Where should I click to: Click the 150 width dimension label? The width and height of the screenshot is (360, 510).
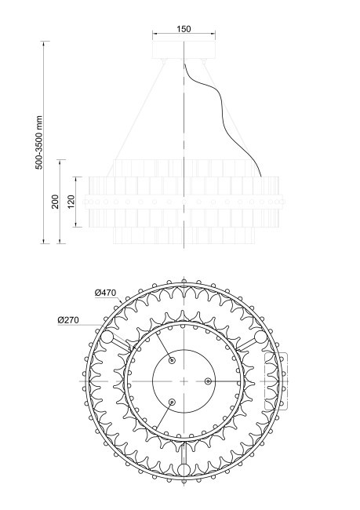click(184, 28)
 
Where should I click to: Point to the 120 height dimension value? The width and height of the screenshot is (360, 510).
click(71, 202)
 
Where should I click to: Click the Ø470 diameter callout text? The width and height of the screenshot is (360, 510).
click(105, 293)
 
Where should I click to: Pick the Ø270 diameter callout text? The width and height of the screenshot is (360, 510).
click(68, 319)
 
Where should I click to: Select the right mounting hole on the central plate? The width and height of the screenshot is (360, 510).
click(208, 381)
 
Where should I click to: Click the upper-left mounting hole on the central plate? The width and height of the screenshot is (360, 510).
click(172, 362)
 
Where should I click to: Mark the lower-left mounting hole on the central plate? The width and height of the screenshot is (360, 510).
click(172, 401)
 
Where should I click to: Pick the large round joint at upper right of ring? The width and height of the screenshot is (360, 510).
click(260, 337)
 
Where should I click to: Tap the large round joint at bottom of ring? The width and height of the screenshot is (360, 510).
click(184, 470)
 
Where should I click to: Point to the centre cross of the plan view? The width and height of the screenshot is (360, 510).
click(184, 381)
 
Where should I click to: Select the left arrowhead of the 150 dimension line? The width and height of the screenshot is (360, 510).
click(155, 35)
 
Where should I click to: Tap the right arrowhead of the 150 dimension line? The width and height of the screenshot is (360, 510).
click(214, 35)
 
